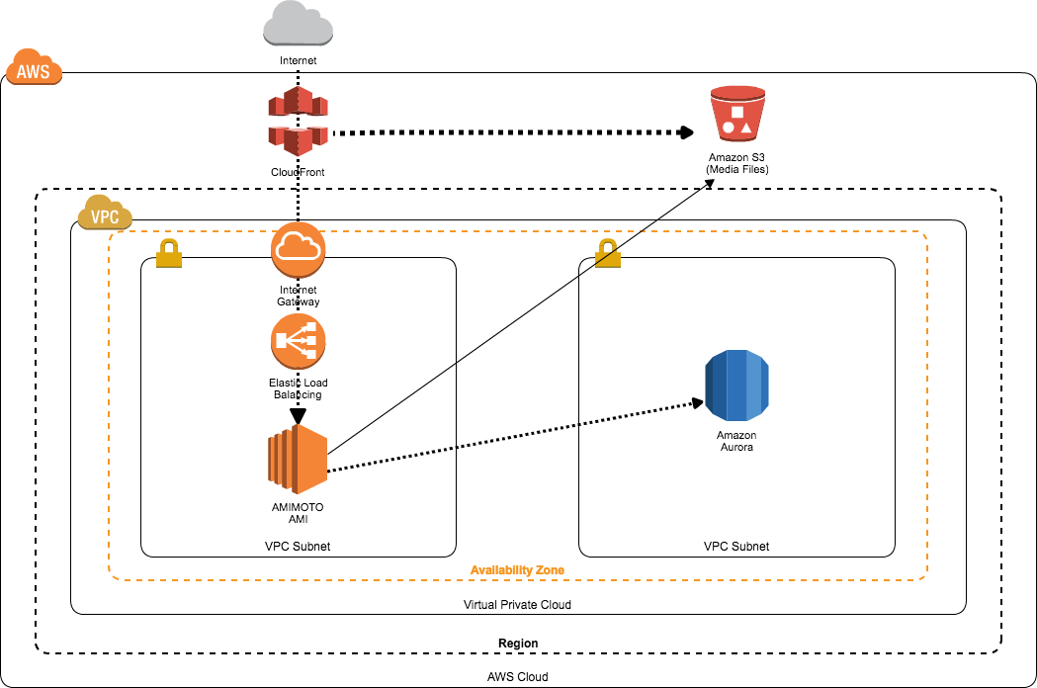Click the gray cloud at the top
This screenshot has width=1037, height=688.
pos(298,24)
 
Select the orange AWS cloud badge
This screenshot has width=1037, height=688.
pos(34,68)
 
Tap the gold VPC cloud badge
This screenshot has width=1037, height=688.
pos(105,214)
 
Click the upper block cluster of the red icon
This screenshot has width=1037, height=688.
pos(298,102)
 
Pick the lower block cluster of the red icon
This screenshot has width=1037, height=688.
pos(298,139)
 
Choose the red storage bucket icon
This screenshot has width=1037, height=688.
pos(737,114)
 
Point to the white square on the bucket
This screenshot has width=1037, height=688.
pos(737,112)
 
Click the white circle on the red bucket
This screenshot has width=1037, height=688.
pos(729,128)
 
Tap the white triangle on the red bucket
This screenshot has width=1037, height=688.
pos(746,128)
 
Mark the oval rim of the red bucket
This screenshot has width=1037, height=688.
pos(737,92)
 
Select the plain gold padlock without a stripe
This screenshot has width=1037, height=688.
pos(169,254)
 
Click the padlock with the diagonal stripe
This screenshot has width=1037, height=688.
pos(608,254)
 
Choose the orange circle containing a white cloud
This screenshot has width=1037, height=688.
pos(298,249)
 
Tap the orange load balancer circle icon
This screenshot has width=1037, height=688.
pos(298,341)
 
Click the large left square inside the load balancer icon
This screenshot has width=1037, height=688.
pos(282,341)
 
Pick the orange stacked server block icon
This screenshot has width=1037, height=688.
pos(298,460)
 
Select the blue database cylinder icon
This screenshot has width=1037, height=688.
pos(736,386)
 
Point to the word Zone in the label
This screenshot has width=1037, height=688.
pos(550,570)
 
